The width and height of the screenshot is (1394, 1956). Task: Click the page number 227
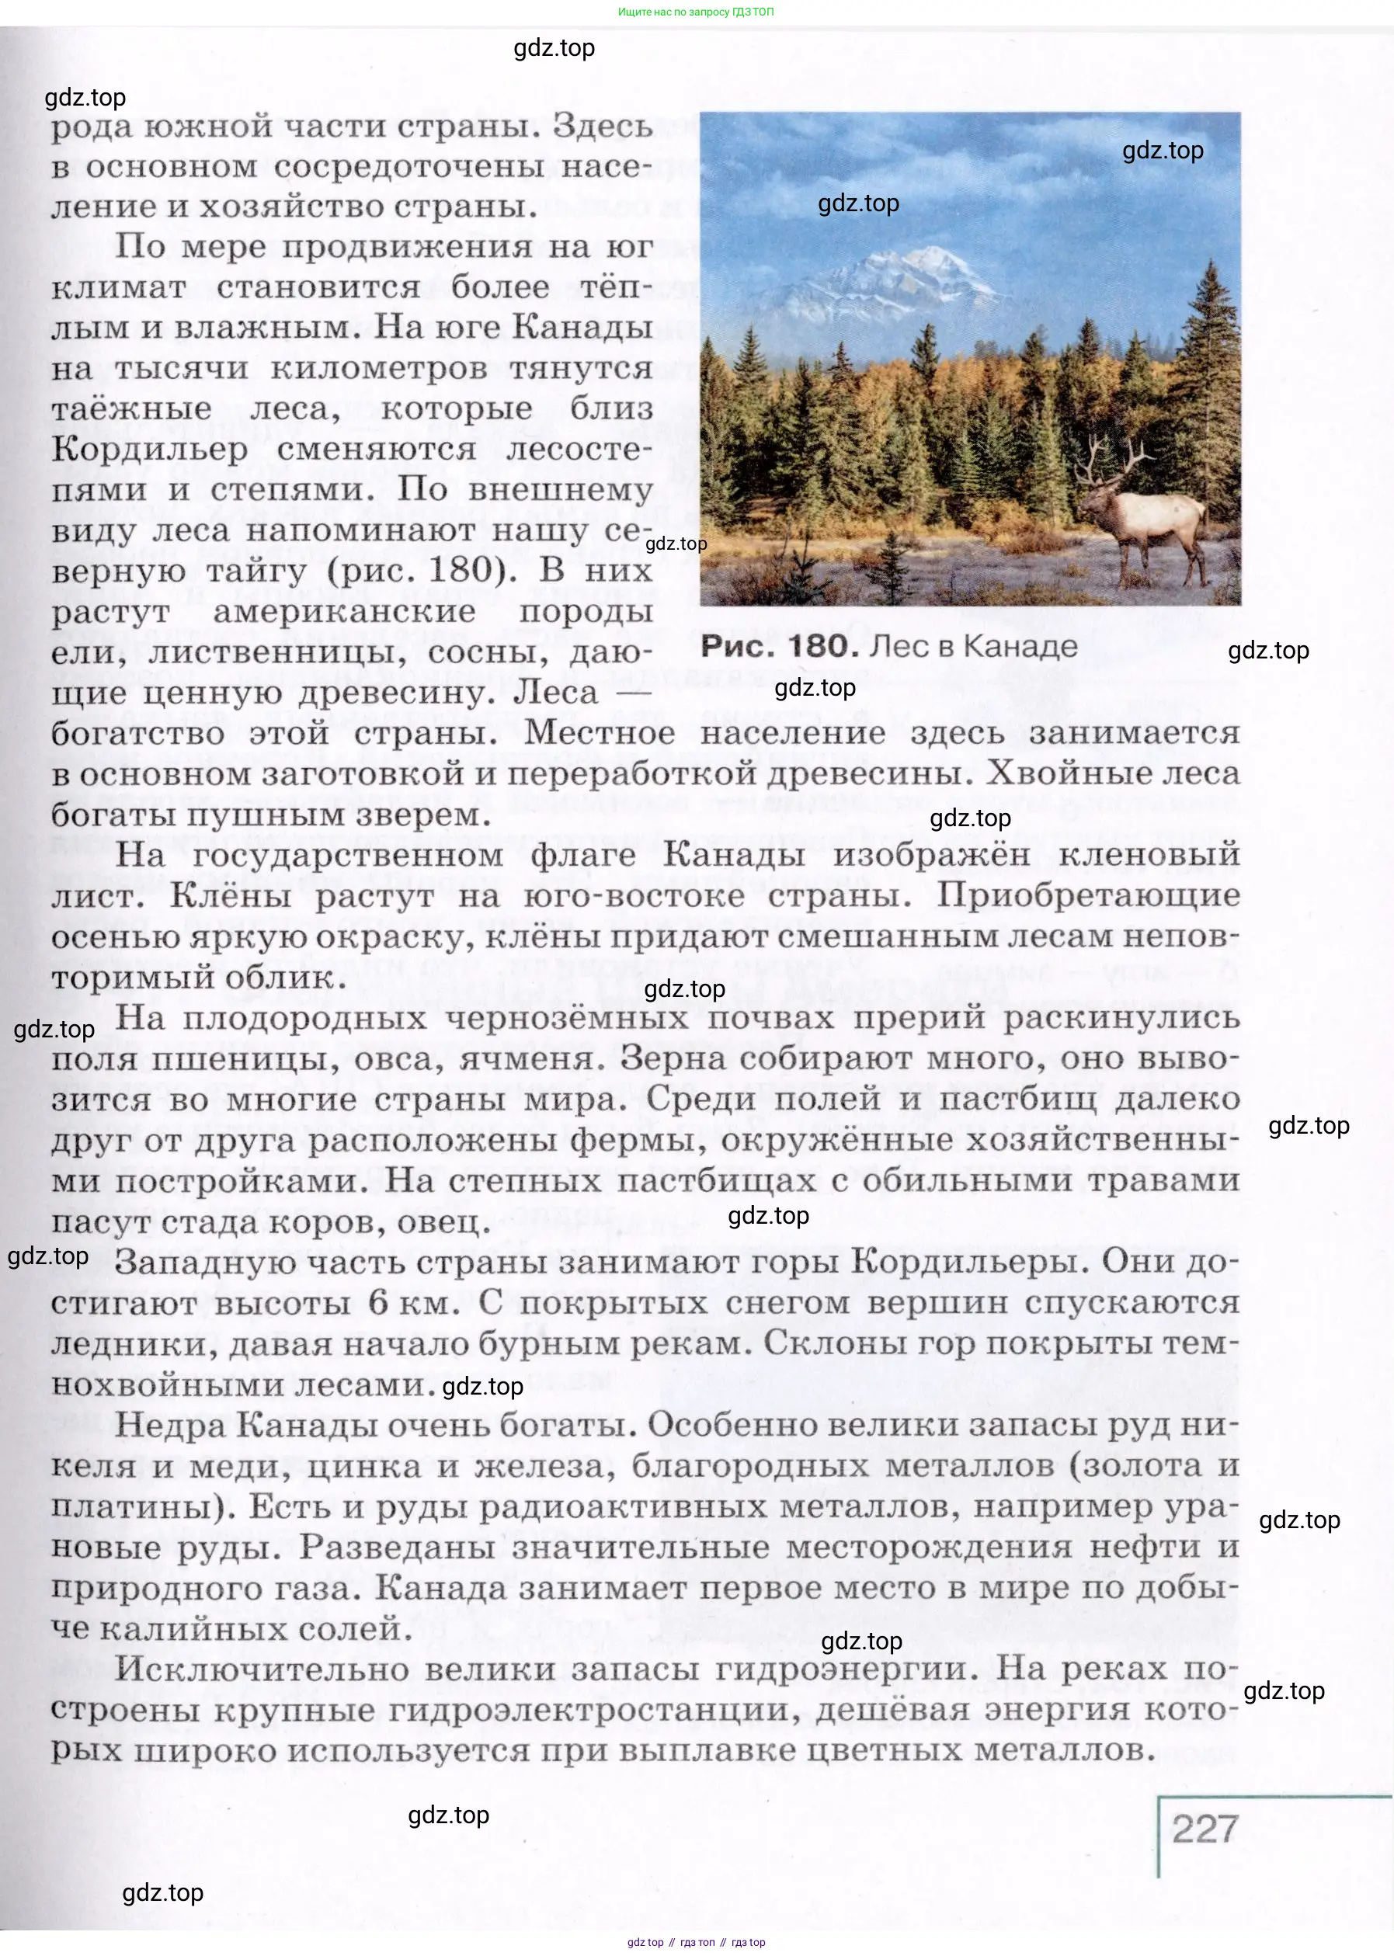coord(1205,1828)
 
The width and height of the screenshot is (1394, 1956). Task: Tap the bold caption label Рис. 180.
coord(780,646)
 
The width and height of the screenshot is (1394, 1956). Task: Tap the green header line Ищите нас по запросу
coord(696,12)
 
